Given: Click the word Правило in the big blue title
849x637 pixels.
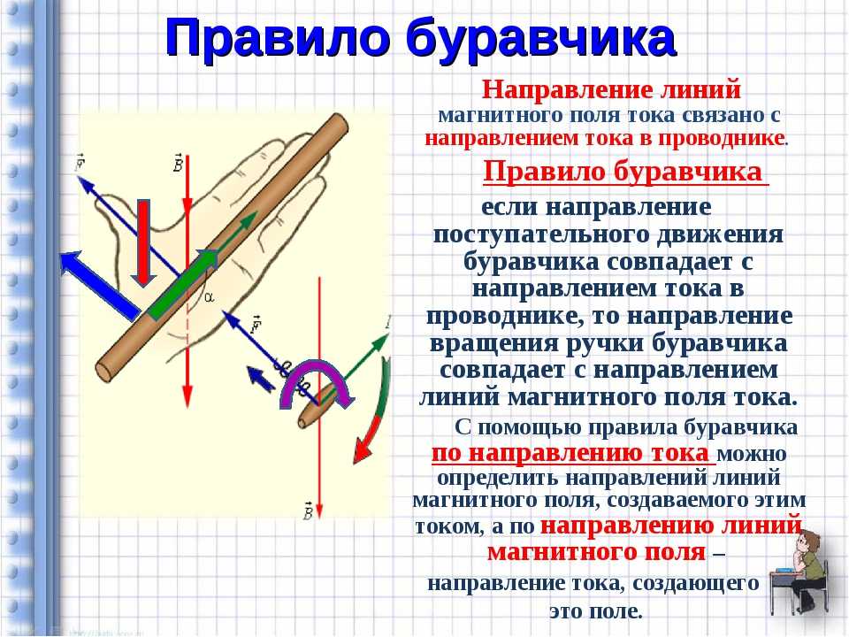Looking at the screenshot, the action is coord(278,37).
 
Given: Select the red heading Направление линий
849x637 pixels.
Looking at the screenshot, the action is coord(611,89).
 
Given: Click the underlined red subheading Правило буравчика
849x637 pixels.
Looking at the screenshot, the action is coord(623,173).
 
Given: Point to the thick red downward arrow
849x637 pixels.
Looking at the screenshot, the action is coord(143,242).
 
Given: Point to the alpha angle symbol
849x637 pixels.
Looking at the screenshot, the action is coord(209,297).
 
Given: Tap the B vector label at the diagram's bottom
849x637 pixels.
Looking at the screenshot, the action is coord(308,510).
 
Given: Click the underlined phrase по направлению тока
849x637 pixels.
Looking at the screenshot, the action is coord(570,453).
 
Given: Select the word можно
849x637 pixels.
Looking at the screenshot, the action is coord(752,453).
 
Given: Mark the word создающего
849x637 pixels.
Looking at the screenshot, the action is coord(696,584).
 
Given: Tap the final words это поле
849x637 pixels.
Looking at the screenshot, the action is coord(595,611).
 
